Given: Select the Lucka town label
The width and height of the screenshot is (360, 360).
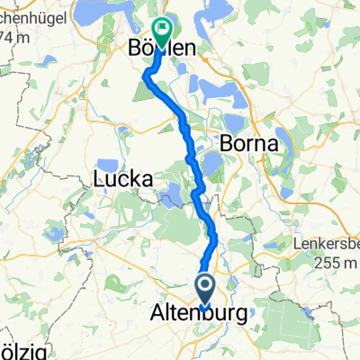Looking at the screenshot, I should [121, 180].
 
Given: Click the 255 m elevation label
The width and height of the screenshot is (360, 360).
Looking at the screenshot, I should [325, 261].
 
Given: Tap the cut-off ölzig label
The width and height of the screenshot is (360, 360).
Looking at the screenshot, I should [20, 348].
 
